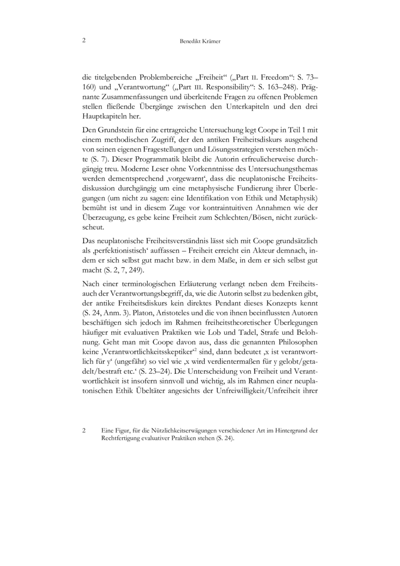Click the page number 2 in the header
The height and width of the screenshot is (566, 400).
tap(83, 41)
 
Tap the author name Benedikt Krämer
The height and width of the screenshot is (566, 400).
tap(200, 42)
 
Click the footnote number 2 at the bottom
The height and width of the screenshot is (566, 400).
tap(83, 430)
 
